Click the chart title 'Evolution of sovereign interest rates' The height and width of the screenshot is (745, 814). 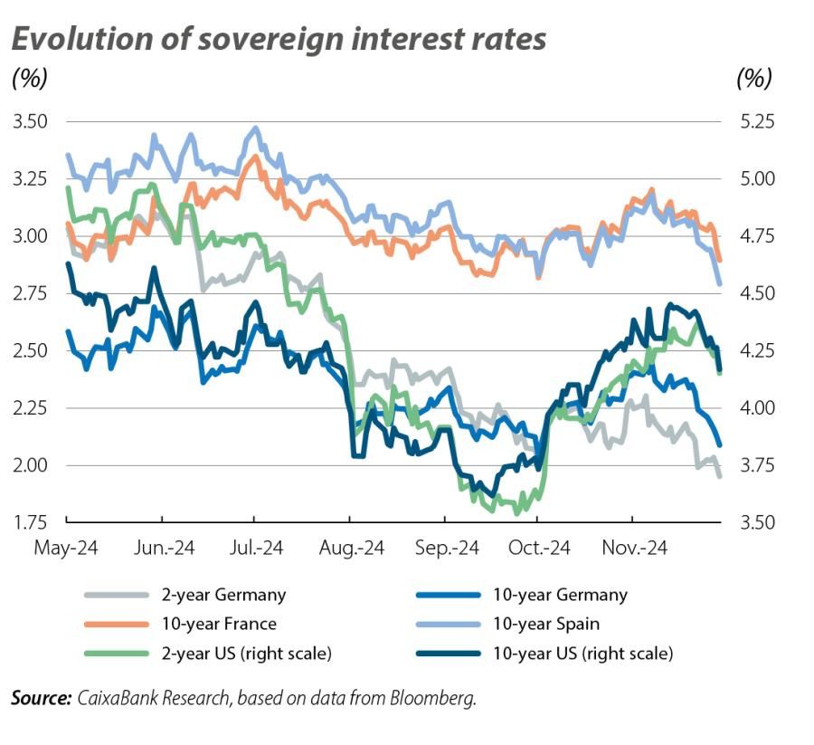point(279,39)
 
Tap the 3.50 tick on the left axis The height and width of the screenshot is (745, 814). point(30,121)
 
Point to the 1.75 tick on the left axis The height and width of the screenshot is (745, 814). point(30,522)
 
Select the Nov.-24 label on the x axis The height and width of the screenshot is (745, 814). point(631,549)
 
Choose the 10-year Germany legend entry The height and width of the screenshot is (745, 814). point(562,595)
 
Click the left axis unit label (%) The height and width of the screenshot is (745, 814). point(30,79)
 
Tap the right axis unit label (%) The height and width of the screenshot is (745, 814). point(755,79)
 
